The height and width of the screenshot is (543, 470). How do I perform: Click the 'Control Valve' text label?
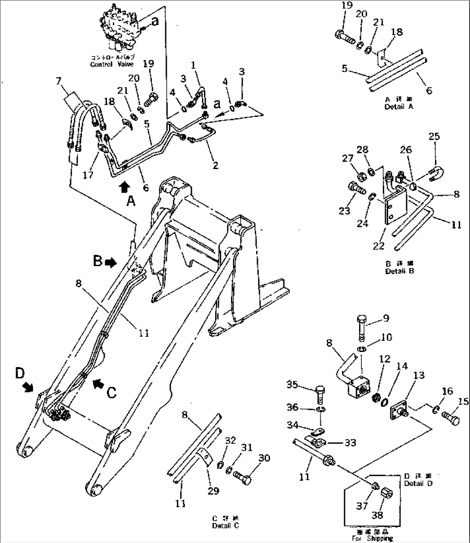click(x=112, y=64)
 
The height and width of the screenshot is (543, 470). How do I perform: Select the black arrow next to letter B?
click(x=111, y=262)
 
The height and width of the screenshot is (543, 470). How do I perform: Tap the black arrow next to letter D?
click(x=29, y=387)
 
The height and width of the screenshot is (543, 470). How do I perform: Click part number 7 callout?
click(x=59, y=82)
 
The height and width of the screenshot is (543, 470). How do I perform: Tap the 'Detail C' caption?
click(x=226, y=525)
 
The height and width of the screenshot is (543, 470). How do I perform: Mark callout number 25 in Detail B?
click(x=434, y=136)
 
